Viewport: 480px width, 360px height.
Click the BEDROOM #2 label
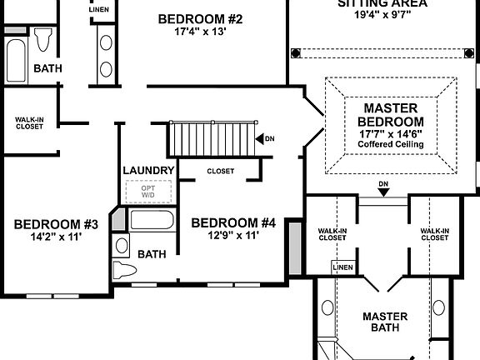199,19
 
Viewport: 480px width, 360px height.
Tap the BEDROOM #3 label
56,224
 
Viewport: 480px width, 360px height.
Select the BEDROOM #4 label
233,222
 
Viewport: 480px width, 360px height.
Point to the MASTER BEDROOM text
391,121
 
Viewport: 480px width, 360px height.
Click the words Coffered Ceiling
391,145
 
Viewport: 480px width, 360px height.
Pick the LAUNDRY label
148,171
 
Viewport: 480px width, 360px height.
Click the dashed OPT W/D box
148,192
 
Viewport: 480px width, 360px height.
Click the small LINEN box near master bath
342,267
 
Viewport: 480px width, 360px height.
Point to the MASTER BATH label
384,322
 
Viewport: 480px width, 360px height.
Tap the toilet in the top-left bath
42,39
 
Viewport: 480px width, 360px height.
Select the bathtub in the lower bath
152,223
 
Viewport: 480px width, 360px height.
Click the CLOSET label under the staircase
220,172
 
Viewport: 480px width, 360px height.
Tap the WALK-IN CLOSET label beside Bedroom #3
30,124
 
